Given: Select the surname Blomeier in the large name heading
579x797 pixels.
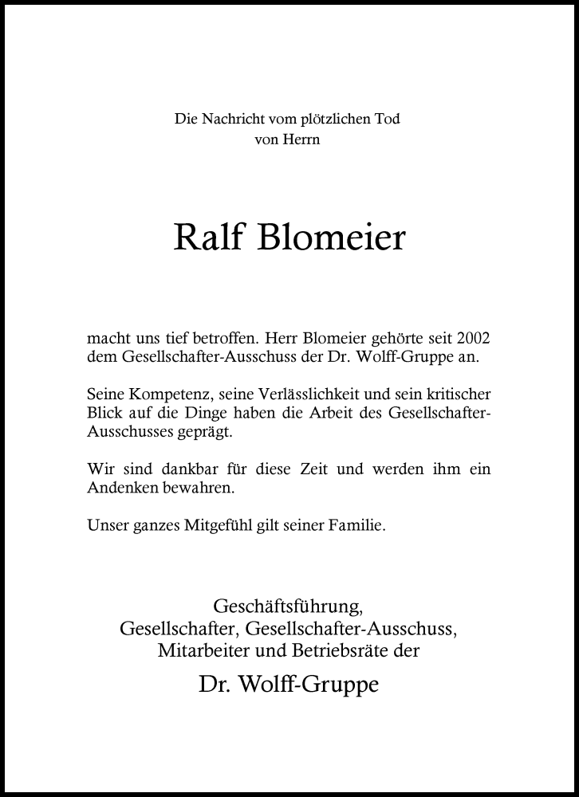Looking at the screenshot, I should (x=331, y=237).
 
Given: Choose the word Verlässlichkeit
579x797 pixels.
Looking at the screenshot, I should (x=308, y=395).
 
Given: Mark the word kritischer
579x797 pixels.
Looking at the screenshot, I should (x=454, y=395).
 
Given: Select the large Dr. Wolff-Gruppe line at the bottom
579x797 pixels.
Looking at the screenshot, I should (x=289, y=685).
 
